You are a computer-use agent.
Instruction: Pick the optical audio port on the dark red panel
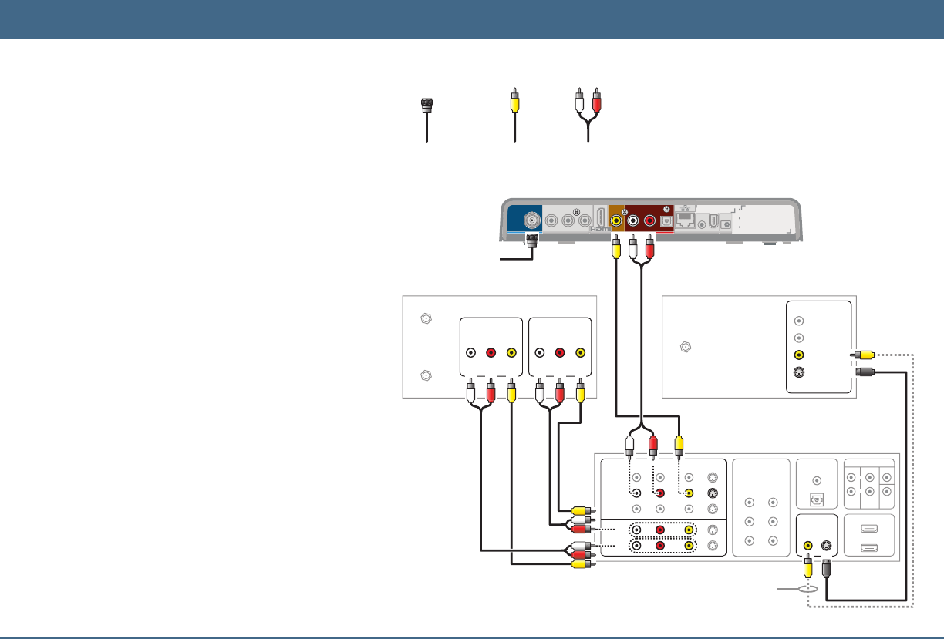pos(666,220)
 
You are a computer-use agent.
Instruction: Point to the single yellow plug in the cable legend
pos(514,101)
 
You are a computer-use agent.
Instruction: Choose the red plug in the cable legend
pos(595,101)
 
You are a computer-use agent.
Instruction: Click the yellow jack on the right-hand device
pos(799,355)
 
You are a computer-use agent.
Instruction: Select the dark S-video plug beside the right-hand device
pos(865,372)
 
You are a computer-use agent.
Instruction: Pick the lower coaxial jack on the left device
pos(423,377)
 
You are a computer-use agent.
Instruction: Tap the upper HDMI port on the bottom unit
pos(868,530)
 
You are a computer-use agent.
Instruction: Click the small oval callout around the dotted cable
pos(807,587)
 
